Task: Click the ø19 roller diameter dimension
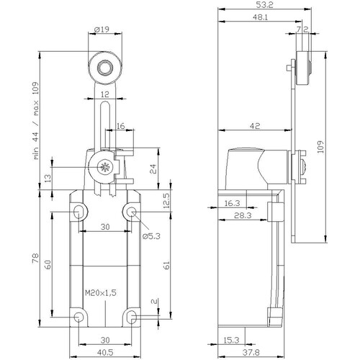[102, 30]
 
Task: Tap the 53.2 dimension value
[264, 5]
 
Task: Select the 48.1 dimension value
[260, 17]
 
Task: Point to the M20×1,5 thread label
[101, 293]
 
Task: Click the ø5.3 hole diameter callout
[151, 236]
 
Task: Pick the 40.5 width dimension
[105, 353]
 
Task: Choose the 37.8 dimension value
[251, 353]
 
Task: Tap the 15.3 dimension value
[231, 340]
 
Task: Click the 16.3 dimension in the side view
[232, 203]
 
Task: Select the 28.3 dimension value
[243, 215]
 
